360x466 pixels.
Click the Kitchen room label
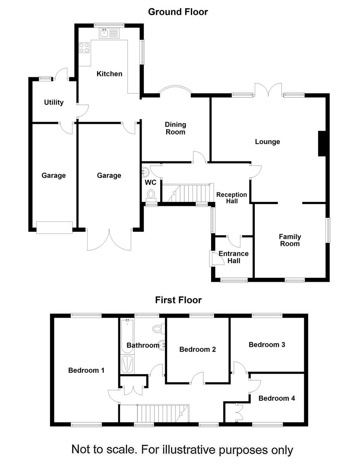click(109, 74)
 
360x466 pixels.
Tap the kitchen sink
click(107, 33)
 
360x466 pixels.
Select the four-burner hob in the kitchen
click(84, 47)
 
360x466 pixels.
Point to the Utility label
click(54, 102)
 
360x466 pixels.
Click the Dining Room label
click(175, 128)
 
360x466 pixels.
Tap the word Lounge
click(267, 142)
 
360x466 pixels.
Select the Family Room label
click(290, 240)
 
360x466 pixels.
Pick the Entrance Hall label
click(234, 257)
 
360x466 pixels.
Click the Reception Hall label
click(232, 198)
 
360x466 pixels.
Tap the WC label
click(151, 183)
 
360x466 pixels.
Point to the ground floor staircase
click(186, 193)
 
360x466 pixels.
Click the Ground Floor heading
click(178, 12)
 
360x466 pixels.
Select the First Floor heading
click(178, 300)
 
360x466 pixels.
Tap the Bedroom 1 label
click(86, 370)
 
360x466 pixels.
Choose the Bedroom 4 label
click(277, 398)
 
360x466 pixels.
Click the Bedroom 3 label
click(267, 345)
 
